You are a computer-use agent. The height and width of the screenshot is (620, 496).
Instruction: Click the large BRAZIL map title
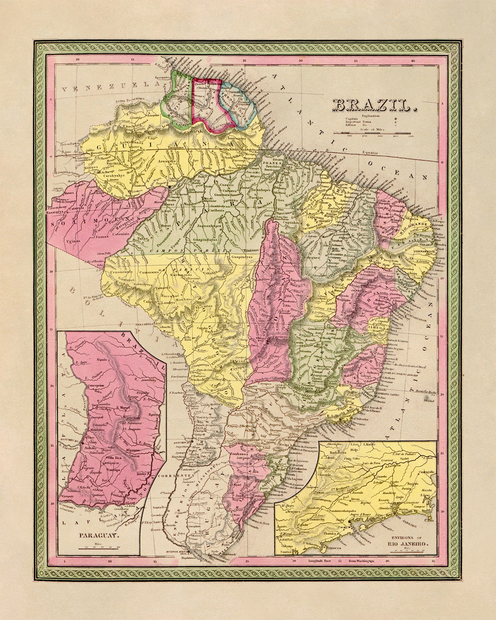point(374,106)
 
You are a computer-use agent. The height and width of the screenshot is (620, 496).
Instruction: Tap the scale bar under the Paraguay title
point(98,548)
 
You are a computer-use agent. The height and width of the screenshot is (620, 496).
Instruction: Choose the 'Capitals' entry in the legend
point(351,119)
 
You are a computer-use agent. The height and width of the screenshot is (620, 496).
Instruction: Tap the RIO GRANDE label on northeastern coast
point(414,224)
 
